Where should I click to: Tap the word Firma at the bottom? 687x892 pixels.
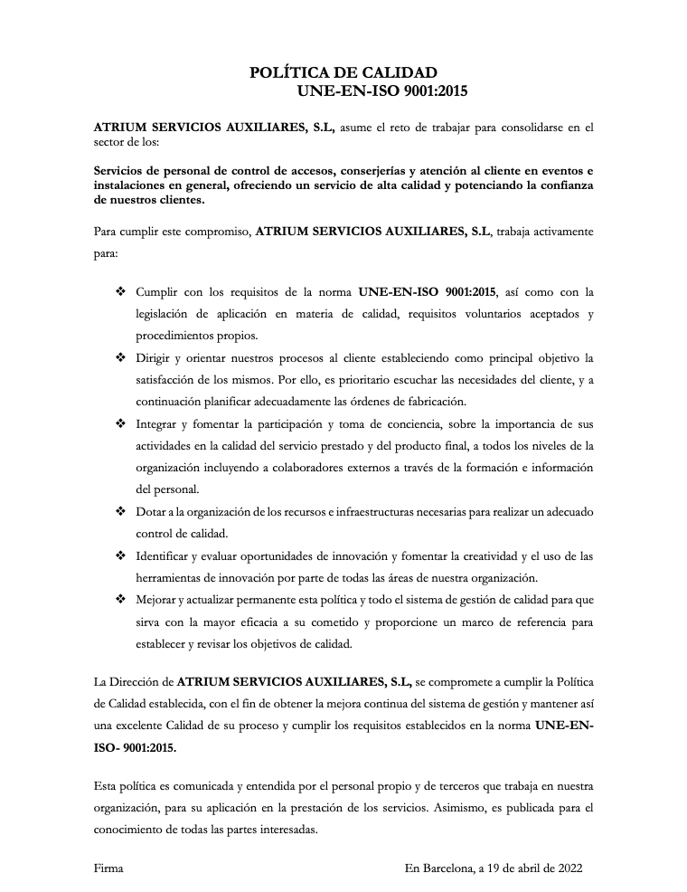pyautogui.click(x=108, y=868)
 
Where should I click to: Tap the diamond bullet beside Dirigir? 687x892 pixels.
pyautogui.click(x=120, y=357)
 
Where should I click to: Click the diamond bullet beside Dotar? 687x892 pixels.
pyautogui.click(x=120, y=511)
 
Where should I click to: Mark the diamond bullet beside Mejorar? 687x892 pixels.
pyautogui.click(x=120, y=599)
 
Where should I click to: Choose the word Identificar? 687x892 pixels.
pyautogui.click(x=166, y=555)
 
